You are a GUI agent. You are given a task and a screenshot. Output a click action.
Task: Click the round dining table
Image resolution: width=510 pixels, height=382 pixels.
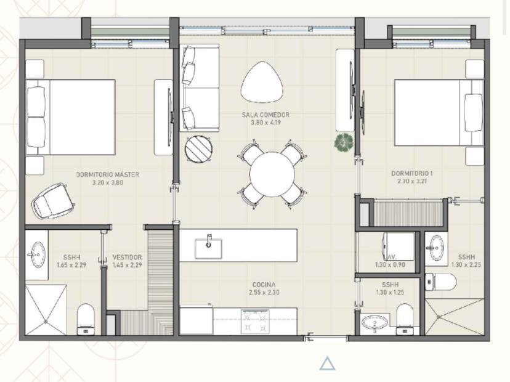[272, 174]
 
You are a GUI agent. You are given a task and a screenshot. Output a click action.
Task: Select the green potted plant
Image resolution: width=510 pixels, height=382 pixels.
[342, 143]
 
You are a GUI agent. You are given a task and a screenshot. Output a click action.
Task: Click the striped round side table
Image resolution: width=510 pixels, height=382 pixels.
[199, 149]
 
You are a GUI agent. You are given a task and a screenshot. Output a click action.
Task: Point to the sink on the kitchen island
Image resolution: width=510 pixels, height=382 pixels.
[209, 246]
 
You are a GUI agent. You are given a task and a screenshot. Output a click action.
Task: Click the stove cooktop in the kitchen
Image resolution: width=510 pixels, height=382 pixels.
[254, 322]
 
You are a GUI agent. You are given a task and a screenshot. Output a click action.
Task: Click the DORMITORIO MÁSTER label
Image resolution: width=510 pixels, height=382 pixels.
[108, 175]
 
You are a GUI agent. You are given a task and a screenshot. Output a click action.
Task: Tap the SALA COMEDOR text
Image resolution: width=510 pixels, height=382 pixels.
[265, 115]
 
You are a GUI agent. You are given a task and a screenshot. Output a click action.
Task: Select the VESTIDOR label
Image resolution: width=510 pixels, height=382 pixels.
[127, 258]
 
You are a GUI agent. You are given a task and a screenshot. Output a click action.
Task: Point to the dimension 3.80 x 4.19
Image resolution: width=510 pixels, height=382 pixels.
[265, 123]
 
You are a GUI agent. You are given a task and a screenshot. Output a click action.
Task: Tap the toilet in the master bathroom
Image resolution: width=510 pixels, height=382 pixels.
[86, 319]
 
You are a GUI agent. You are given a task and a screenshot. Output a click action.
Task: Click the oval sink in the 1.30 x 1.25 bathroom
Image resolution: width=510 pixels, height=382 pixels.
[374, 323]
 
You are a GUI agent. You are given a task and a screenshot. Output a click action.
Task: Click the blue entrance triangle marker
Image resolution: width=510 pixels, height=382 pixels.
[327, 364]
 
